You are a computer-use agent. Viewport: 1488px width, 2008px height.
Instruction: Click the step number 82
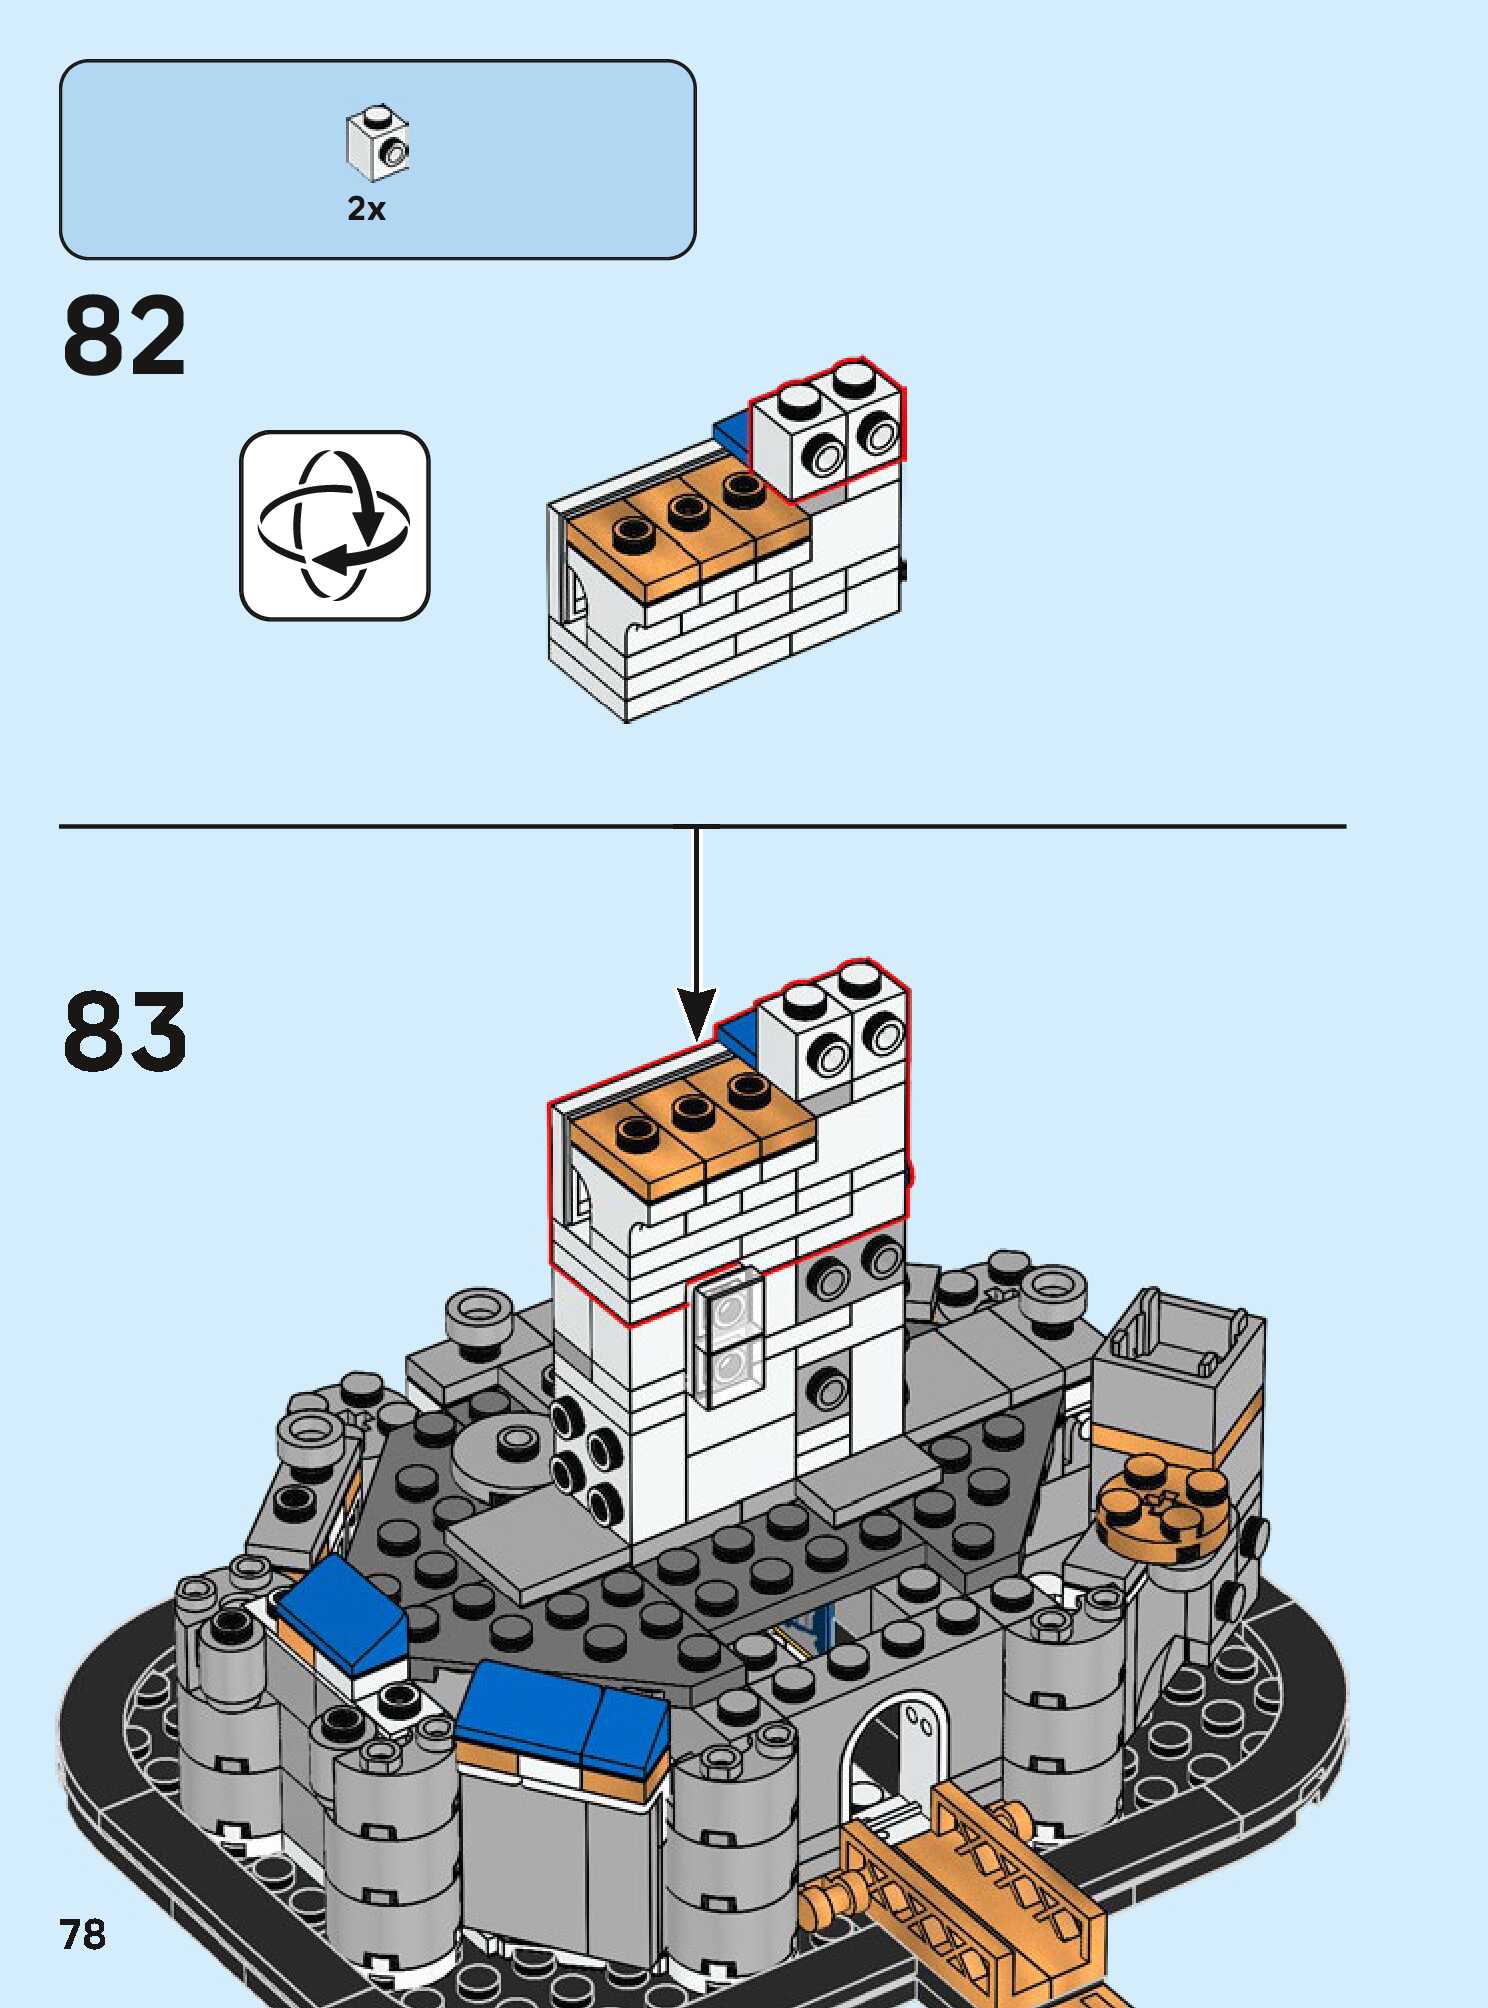pos(125,336)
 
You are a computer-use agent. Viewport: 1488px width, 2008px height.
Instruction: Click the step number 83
pos(125,1031)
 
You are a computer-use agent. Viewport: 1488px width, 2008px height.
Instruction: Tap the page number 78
pos(82,1934)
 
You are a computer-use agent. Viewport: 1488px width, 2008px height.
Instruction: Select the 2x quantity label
pos(366,208)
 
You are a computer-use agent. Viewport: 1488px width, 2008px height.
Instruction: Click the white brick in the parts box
pos(378,143)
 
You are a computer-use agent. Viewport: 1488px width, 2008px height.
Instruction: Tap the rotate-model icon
pos(334,525)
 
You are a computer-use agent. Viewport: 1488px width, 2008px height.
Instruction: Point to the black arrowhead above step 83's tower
pos(696,1010)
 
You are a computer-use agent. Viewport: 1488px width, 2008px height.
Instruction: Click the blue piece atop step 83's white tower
pos(738,1035)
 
